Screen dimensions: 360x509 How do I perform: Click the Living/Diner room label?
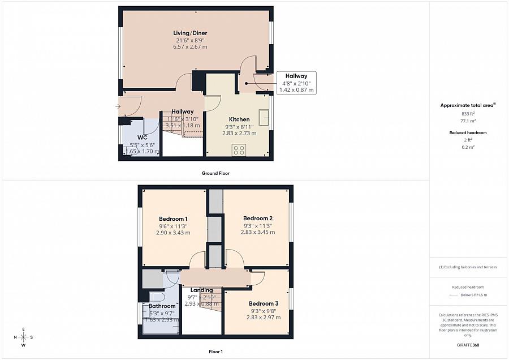(x=190, y=33)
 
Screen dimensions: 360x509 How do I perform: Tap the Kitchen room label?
(x=239, y=119)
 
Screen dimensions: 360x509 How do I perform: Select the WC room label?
(x=143, y=138)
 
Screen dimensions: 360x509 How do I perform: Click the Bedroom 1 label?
(x=173, y=219)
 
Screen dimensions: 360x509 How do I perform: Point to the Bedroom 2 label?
(x=258, y=218)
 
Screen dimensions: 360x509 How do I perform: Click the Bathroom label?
(x=162, y=306)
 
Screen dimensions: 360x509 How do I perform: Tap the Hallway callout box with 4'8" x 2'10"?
(x=296, y=83)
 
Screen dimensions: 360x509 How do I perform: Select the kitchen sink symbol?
(x=264, y=117)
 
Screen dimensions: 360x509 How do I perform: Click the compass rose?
(x=23, y=337)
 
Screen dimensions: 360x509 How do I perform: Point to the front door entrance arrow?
(x=118, y=106)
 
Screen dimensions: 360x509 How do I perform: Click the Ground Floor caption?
(x=215, y=173)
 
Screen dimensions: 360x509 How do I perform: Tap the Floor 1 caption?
(x=215, y=352)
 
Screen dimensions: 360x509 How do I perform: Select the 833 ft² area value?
(x=468, y=114)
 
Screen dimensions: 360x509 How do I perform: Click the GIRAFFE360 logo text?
(x=468, y=344)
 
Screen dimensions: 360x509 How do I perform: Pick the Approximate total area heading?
(x=468, y=105)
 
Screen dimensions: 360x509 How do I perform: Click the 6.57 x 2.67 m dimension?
(x=190, y=46)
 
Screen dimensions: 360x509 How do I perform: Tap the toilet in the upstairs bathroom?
(x=157, y=297)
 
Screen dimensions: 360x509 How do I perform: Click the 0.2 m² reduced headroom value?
(x=468, y=147)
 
